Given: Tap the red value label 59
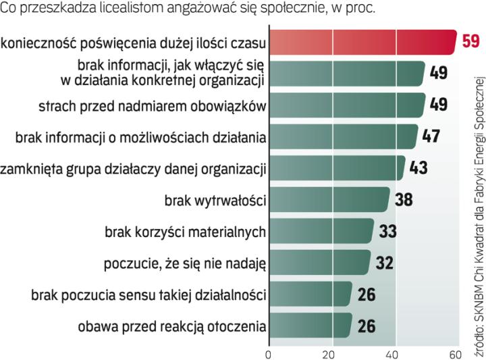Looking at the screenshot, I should coord(470,42).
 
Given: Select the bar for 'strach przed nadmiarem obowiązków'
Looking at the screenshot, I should coord(347,105).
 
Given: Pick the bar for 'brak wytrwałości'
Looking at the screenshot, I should coord(329,200).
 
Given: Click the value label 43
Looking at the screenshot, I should coord(418,168).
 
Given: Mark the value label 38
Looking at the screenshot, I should coord(403,200).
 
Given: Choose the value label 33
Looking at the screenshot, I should coord(387,231).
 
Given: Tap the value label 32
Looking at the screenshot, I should coord(384,263).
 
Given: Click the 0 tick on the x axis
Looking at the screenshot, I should coord(269,354).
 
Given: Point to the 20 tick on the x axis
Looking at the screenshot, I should coord(333,354).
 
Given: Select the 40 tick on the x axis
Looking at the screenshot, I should coord(396,354).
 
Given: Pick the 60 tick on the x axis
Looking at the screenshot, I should coord(455,354).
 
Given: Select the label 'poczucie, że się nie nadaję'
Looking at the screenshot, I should coord(185,263).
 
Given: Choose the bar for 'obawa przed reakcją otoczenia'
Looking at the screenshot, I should coord(310,326).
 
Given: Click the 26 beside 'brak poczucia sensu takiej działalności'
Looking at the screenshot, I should coord(367,294).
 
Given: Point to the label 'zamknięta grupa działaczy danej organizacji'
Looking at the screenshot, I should coord(134,168).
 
